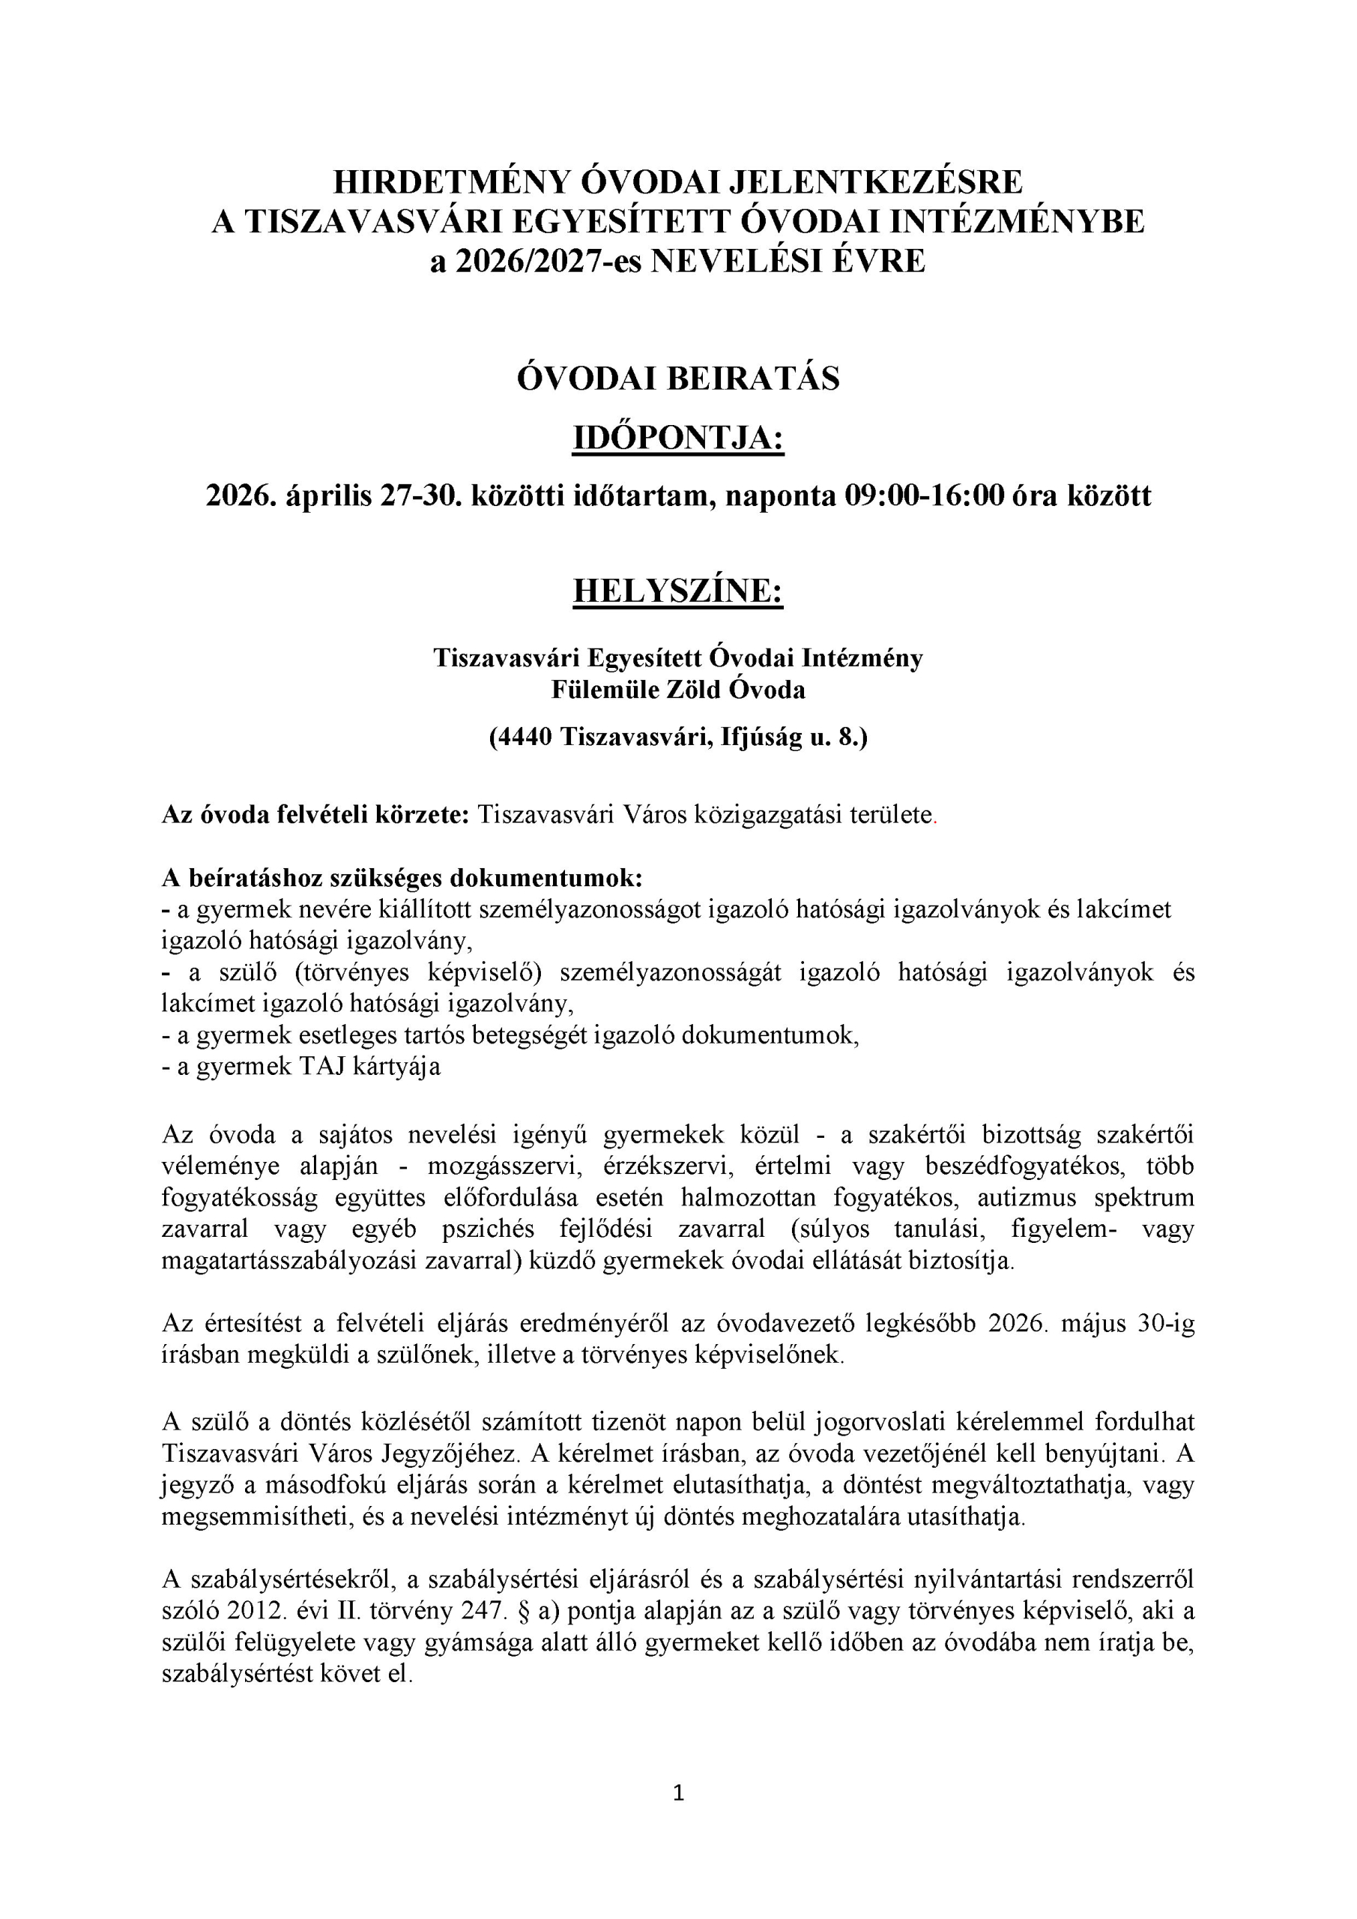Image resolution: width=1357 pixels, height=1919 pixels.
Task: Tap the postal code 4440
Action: tap(523, 737)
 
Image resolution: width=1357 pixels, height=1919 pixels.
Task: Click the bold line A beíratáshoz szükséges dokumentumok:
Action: tap(402, 879)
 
